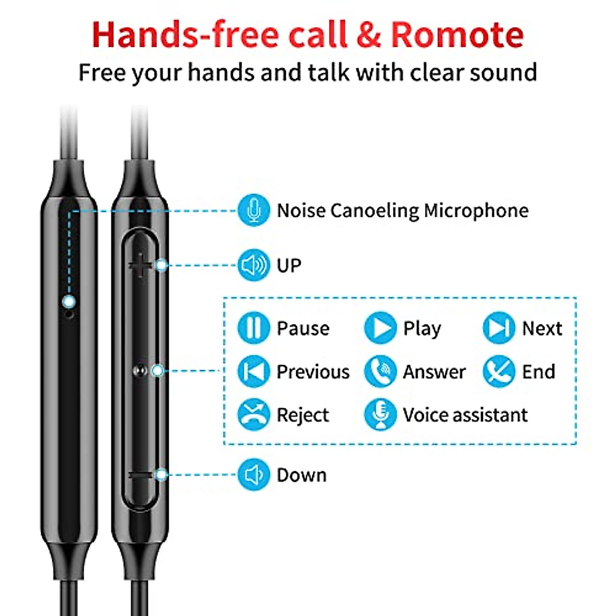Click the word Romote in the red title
pyautogui.click(x=457, y=35)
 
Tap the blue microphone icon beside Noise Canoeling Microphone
pyautogui.click(x=253, y=210)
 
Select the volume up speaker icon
pyautogui.click(x=253, y=265)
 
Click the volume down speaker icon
pyautogui.click(x=253, y=475)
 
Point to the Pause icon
pyautogui.click(x=253, y=328)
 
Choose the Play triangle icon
pyautogui.click(x=380, y=328)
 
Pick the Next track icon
pyautogui.click(x=498, y=328)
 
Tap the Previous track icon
pyautogui.click(x=253, y=371)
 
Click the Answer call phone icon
pyautogui.click(x=380, y=371)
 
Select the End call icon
pyautogui.click(x=498, y=371)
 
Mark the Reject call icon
pyautogui.click(x=253, y=414)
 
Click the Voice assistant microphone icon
pyautogui.click(x=380, y=414)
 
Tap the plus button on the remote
pyautogui.click(x=140, y=266)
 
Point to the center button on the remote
pyautogui.click(x=140, y=371)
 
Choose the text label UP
pyautogui.click(x=288, y=265)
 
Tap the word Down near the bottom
pyautogui.click(x=301, y=475)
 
